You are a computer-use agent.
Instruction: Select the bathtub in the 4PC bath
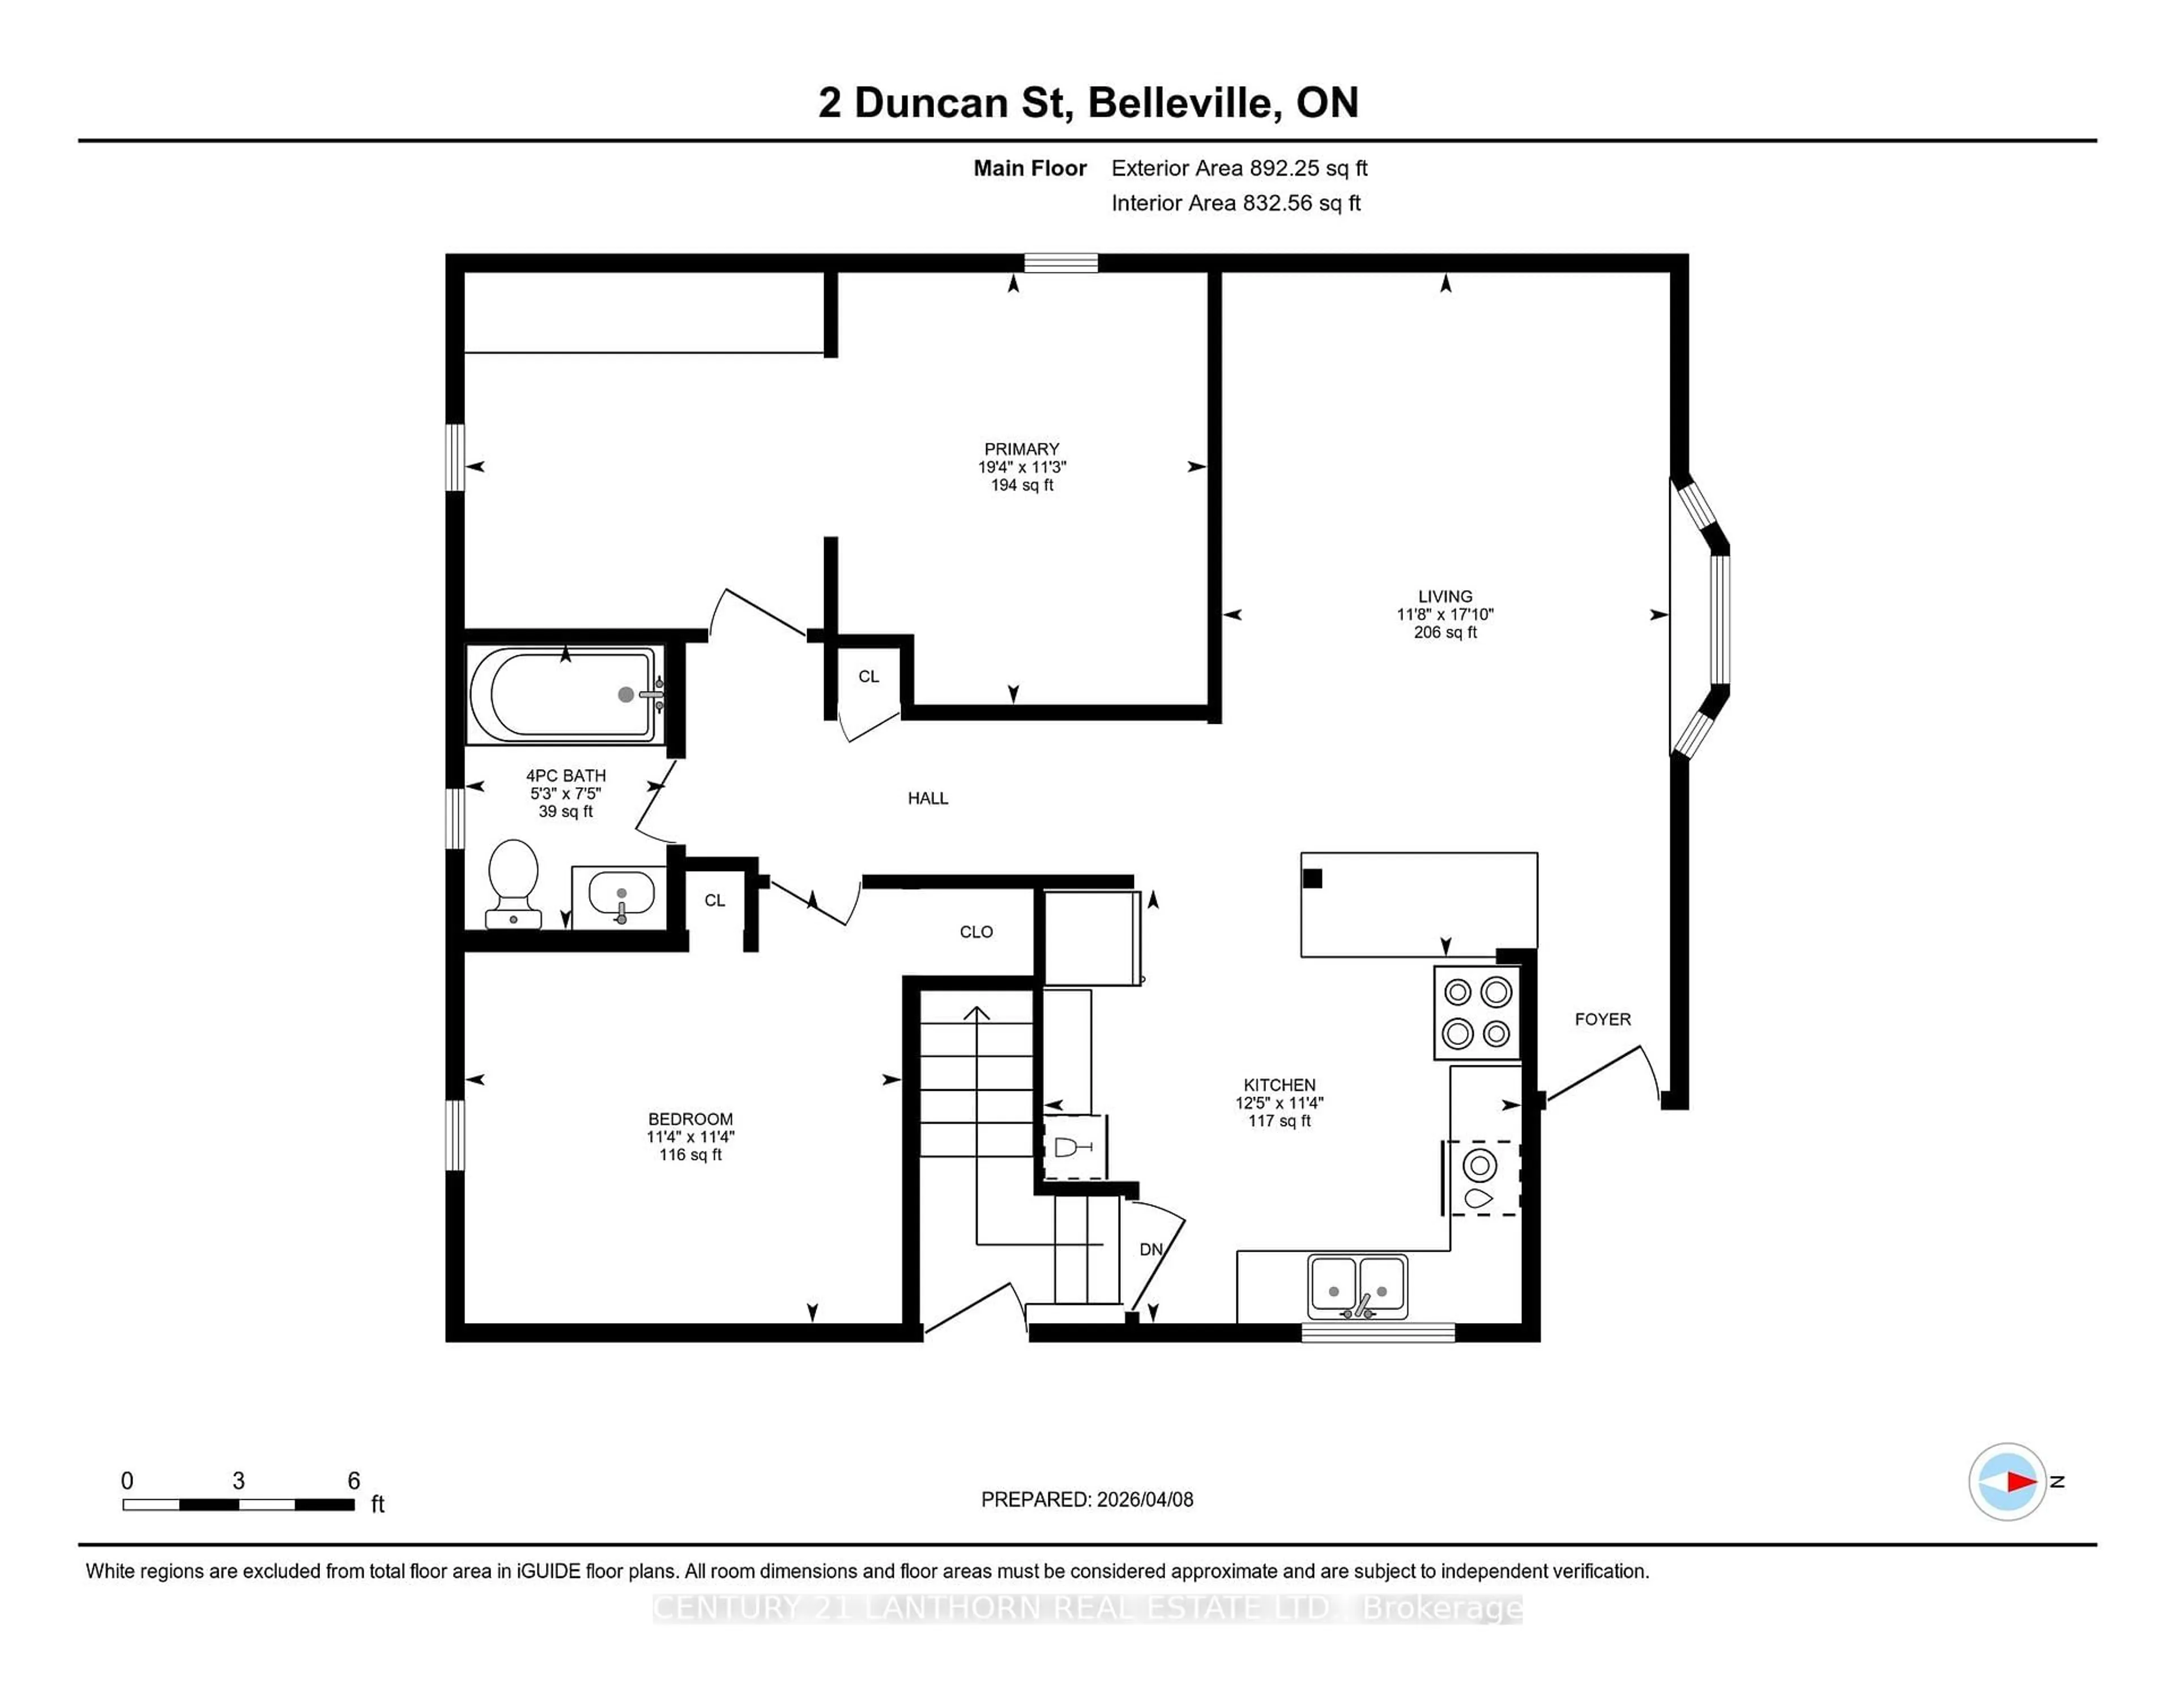(x=562, y=694)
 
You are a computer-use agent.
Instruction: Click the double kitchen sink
(x=1357, y=1286)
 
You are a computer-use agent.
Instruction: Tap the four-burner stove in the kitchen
(x=1477, y=1013)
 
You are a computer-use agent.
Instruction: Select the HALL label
(x=927, y=797)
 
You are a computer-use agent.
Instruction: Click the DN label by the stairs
(x=1150, y=1249)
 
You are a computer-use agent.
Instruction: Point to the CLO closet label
(x=976, y=931)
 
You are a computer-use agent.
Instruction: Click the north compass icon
(x=2007, y=1481)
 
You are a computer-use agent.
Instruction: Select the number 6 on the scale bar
(x=353, y=1481)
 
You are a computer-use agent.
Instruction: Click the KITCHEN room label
(x=1279, y=1085)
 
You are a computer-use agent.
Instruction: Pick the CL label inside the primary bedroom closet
(x=868, y=676)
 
